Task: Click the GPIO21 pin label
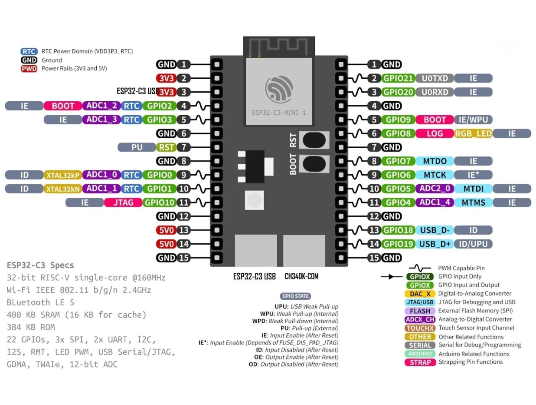pyautogui.click(x=398, y=78)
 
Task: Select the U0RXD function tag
pyautogui.click(x=435, y=92)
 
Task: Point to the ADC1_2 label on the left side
pyautogui.click(x=101, y=106)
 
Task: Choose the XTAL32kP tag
pyautogui.click(x=62, y=175)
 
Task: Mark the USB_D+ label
pyautogui.click(x=435, y=244)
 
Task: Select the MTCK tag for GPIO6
pyautogui.click(x=435, y=175)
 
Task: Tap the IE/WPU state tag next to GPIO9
pyautogui.click(x=473, y=120)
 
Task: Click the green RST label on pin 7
pyautogui.click(x=166, y=147)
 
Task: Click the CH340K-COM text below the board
pyautogui.click(x=301, y=276)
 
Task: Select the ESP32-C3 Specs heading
pyautogui.click(x=40, y=265)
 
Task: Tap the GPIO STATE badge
pyautogui.click(x=296, y=296)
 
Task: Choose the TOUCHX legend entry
pyautogui.click(x=420, y=328)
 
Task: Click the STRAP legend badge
pyautogui.click(x=420, y=362)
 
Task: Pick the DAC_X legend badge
pyautogui.click(x=420, y=294)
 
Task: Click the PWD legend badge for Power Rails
pyautogui.click(x=29, y=69)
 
